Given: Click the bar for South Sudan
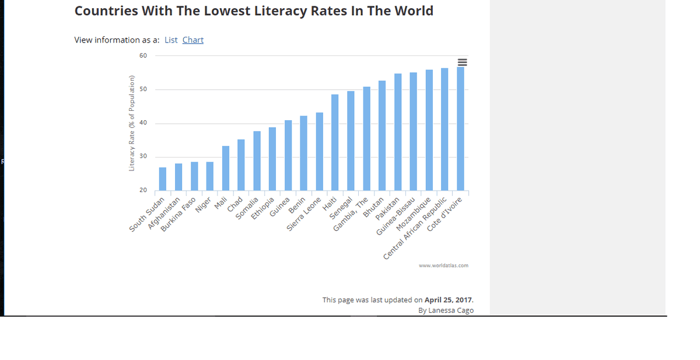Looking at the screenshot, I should (163, 179).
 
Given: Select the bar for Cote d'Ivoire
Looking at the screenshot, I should (460, 129).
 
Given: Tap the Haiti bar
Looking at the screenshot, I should (335, 143).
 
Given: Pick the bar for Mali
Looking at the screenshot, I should (225, 169).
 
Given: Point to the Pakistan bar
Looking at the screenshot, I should (398, 132).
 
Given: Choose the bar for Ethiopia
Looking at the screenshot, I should (272, 159).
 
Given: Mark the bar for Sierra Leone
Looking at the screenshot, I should (319, 152).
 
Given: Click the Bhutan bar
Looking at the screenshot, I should (382, 136).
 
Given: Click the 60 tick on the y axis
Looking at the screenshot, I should (143, 56).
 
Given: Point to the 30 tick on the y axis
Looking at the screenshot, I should (143, 157).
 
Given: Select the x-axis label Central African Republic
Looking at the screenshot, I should (415, 229).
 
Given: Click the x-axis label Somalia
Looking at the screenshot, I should (247, 208).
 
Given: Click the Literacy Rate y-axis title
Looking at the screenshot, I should (132, 124).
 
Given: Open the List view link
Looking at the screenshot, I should (171, 40).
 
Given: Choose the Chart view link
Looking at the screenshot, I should (193, 40).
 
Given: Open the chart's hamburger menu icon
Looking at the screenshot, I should (463, 62).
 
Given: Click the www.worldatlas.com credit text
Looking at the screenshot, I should (443, 265).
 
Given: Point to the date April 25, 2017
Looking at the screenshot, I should (448, 300).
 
